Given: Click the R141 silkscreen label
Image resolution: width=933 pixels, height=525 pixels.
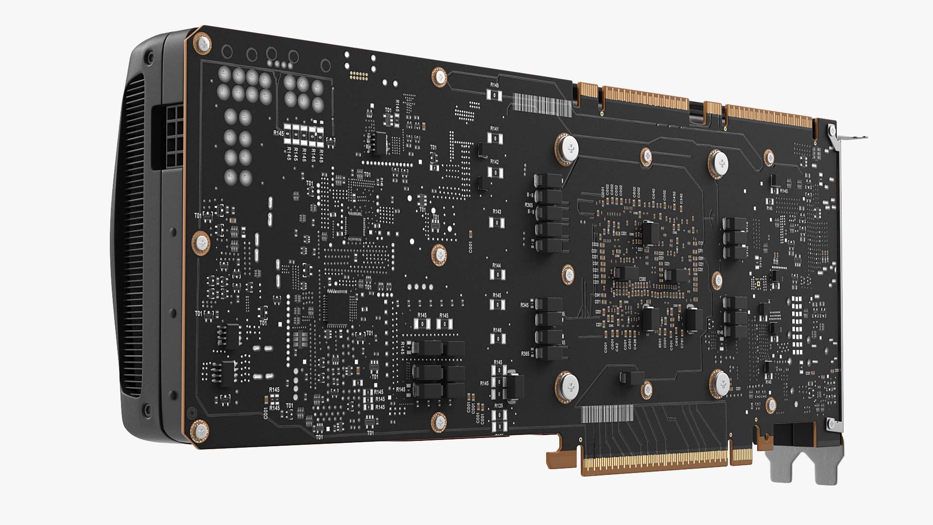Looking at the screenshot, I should click(x=494, y=129).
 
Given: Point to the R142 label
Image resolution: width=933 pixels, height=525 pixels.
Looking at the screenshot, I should click(x=494, y=162).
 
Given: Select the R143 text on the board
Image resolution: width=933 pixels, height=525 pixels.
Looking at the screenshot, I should click(x=497, y=212).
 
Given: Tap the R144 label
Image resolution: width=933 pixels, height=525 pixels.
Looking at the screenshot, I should click(x=496, y=266).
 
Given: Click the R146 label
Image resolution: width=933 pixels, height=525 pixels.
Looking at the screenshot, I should click(x=497, y=331).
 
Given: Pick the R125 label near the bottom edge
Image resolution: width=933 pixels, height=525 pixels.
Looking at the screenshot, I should click(x=499, y=405).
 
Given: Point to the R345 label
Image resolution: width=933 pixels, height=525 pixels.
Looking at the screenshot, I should click(x=525, y=305).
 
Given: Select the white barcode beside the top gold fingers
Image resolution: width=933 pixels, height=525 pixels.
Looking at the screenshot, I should click(x=541, y=105).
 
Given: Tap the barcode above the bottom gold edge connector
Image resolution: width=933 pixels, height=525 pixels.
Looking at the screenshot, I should click(x=607, y=414).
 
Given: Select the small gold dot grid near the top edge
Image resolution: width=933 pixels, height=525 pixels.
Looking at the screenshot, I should click(x=359, y=76).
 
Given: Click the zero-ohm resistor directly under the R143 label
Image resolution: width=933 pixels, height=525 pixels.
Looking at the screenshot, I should click(x=497, y=223).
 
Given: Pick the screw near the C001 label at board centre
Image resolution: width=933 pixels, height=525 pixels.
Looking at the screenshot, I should click(x=439, y=254).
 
